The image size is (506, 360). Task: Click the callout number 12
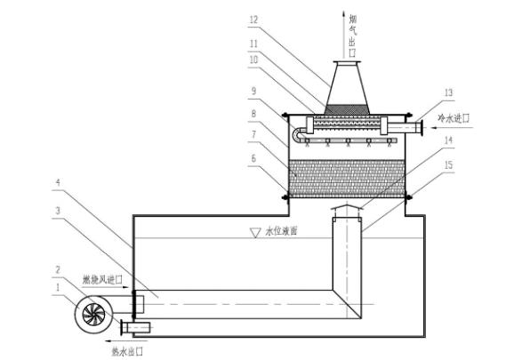tap(254, 20)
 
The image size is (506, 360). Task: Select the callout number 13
tap(448, 93)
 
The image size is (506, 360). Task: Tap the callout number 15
tap(448, 165)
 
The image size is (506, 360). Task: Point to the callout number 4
tap(58, 182)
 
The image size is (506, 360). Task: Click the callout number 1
tap(58, 287)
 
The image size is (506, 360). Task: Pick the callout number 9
tap(253, 91)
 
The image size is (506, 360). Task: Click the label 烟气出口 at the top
tap(352, 36)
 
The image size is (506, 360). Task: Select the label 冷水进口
tap(453, 119)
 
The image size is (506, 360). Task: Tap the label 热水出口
tap(127, 352)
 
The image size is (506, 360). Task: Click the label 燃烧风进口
tap(102, 280)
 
